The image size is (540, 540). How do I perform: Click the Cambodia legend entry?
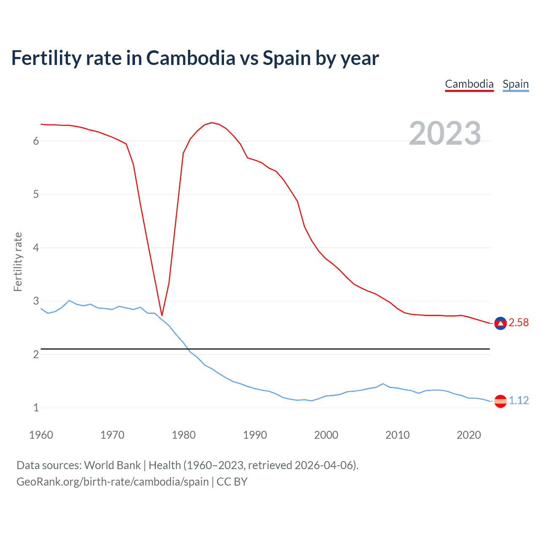(469, 84)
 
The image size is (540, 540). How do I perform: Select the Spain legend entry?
(516, 84)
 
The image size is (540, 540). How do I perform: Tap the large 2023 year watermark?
(445, 133)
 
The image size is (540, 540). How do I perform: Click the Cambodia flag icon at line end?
(500, 323)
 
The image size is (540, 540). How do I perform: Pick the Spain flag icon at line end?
(500, 401)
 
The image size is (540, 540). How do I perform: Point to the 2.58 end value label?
(518, 323)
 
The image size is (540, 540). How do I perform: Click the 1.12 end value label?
(518, 401)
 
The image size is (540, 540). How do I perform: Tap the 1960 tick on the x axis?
(41, 435)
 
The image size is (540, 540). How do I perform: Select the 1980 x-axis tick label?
(184, 435)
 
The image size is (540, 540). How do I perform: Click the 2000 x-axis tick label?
(326, 435)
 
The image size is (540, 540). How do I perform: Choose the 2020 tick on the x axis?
(469, 435)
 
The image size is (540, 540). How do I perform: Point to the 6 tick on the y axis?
(36, 141)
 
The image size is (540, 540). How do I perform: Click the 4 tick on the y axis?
(36, 248)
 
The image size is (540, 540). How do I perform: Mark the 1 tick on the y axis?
(36, 408)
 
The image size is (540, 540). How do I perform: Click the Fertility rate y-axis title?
(18, 262)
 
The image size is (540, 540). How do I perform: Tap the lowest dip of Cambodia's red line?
(162, 315)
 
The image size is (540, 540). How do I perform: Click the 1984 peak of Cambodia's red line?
(212, 123)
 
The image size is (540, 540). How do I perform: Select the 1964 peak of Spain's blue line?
(69, 300)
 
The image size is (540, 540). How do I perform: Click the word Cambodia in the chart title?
(191, 58)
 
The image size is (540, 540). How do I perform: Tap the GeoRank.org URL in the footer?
(112, 482)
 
